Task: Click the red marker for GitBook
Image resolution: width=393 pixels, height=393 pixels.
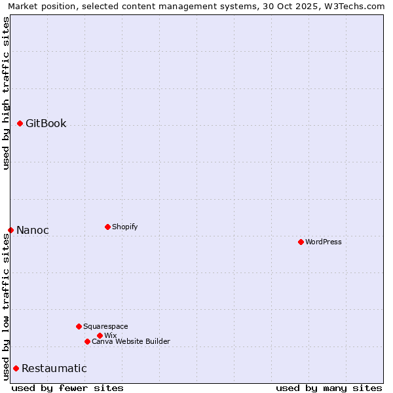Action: click(20, 123)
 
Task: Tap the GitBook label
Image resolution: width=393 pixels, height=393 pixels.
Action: click(46, 124)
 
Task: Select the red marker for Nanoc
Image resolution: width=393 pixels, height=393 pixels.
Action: click(11, 230)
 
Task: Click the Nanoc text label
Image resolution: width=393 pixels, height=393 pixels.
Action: click(33, 231)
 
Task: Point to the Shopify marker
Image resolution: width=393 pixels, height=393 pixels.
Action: click(107, 227)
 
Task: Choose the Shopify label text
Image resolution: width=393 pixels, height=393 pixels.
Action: click(125, 227)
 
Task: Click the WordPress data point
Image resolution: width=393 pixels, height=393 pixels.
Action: click(301, 242)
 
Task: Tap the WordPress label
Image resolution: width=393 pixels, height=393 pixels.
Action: click(324, 242)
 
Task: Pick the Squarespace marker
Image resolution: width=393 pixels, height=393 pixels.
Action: click(79, 326)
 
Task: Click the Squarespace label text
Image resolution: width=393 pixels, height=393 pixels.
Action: click(105, 327)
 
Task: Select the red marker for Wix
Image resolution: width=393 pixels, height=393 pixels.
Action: click(100, 335)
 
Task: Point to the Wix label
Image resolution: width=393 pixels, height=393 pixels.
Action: click(111, 336)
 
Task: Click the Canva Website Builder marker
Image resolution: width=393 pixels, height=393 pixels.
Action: click(87, 341)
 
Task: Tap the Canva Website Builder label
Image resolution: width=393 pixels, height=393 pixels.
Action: click(131, 342)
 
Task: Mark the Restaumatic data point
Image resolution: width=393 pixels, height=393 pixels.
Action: click(16, 368)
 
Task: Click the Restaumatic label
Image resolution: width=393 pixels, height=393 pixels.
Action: click(54, 369)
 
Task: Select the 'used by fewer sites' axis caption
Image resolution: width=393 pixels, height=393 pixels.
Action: click(67, 388)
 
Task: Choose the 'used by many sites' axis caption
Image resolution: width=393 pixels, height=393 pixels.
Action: click(329, 388)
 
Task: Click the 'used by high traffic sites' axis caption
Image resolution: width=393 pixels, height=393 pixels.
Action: click(7, 94)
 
